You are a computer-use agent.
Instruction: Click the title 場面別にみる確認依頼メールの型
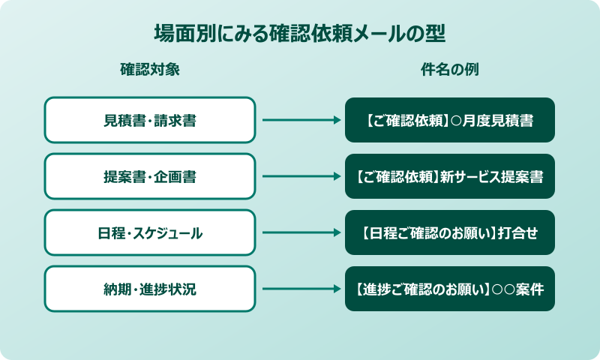coord(300,34)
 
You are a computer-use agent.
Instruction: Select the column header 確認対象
coord(150,70)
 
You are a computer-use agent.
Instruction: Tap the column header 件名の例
coord(450,70)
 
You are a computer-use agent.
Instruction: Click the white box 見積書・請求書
coord(150,120)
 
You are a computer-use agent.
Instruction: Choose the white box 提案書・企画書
coord(150,176)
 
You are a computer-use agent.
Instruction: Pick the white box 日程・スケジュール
coord(150,232)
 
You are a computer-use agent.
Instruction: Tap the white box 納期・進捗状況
coord(150,289)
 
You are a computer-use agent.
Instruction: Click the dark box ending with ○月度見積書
coord(450,120)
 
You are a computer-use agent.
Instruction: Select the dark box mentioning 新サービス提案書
coord(450,176)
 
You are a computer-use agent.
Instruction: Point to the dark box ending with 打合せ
coord(450,232)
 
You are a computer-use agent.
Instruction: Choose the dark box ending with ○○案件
coord(450,289)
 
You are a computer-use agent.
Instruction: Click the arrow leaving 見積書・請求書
coord(300,120)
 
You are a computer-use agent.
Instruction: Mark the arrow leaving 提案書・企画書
coord(300,176)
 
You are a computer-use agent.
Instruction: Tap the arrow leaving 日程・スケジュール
coord(300,232)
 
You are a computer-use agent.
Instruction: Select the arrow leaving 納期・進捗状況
coord(300,289)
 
